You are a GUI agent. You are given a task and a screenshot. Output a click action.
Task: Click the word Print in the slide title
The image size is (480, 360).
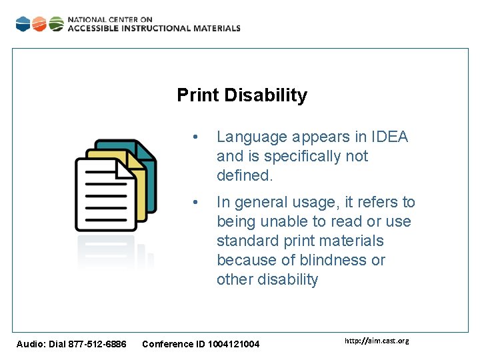198,95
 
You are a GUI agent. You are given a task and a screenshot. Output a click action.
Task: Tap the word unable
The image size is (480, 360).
273,221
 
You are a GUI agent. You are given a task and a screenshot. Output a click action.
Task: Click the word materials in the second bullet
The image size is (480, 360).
357,241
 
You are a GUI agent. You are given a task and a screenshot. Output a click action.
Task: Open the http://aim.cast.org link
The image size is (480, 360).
377,341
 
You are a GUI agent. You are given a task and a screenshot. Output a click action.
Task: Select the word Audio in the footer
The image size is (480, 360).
29,344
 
